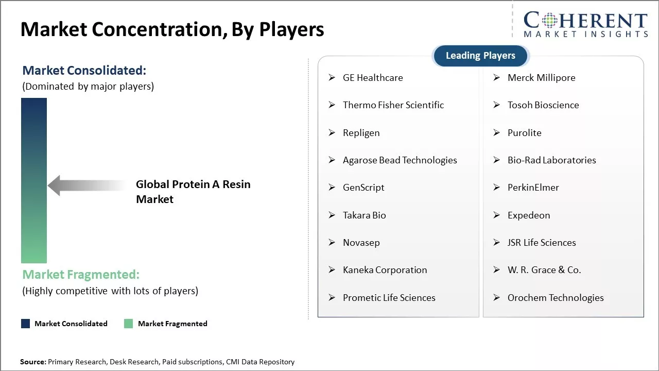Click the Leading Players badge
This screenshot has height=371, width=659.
480,56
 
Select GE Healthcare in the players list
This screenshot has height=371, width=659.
373,78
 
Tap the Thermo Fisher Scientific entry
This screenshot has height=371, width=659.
393,105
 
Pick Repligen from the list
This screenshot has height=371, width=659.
361,133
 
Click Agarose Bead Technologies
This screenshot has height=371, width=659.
400,160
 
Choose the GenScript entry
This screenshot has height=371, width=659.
363,188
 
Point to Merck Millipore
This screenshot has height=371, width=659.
541,78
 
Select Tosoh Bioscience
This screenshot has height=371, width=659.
543,105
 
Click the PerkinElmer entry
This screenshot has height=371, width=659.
533,188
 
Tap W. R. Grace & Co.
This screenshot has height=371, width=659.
544,270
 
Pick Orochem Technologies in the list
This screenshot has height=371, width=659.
556,298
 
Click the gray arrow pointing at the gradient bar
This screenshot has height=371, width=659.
87,185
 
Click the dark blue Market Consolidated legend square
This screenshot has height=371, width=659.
25,324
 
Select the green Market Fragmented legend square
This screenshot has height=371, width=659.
128,324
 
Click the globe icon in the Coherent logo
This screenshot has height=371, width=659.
549,20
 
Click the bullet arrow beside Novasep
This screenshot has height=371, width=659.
332,242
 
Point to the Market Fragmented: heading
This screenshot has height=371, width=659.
81,275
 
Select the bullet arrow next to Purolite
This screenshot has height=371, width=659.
497,132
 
